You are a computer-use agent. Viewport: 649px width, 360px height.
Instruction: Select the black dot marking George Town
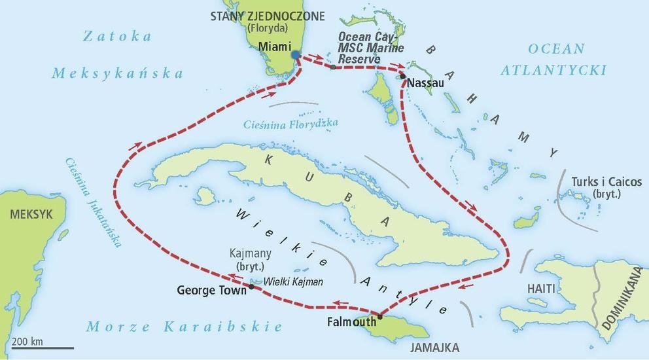252,286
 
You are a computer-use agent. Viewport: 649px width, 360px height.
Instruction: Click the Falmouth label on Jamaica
351,321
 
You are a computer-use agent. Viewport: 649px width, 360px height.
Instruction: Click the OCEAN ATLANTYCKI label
553,60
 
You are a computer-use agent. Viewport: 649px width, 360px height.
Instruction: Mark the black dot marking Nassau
403,77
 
